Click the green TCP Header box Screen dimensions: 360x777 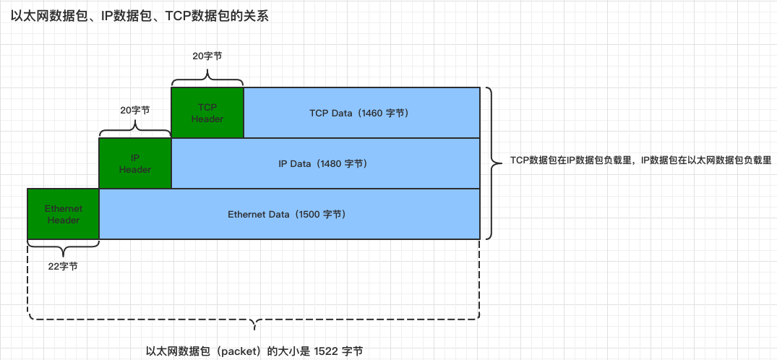(x=207, y=113)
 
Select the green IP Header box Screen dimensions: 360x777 (x=135, y=163)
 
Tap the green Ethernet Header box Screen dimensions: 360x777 (x=63, y=214)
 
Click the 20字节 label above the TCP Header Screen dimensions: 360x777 (x=207, y=55)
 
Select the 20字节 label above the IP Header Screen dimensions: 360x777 (x=135, y=111)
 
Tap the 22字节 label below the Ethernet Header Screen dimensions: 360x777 (x=63, y=266)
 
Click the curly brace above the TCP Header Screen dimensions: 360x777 (x=207, y=77)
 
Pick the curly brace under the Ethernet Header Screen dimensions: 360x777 (x=63, y=249)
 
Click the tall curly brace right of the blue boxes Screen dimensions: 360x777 (x=491, y=163)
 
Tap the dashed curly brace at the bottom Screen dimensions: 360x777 (x=253, y=321)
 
